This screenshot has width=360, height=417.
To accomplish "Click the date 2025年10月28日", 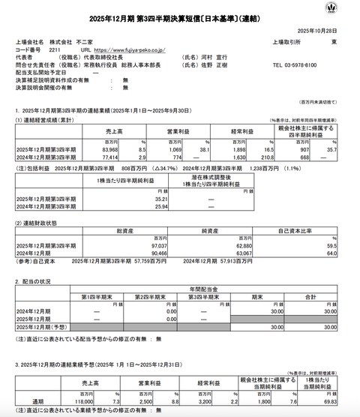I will click(x=319, y=30).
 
